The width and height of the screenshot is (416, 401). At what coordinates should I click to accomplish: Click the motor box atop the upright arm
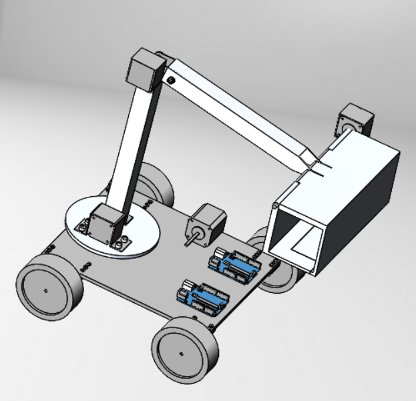[146, 69]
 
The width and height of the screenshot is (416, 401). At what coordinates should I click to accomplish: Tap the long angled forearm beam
[240, 110]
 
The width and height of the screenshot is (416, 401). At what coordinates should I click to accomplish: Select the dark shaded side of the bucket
[364, 200]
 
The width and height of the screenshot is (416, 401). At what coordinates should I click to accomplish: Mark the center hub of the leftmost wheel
[45, 292]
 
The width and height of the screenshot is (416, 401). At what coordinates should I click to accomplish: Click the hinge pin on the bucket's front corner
[274, 206]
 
